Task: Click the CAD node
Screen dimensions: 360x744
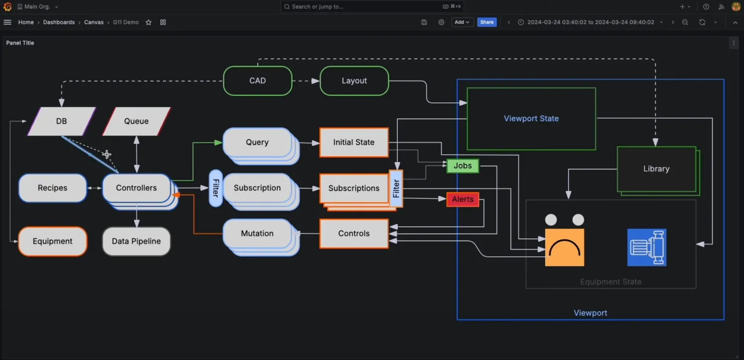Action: [x=257, y=81]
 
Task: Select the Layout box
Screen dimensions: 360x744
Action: [x=354, y=81]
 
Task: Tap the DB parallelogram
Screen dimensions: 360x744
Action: [x=62, y=121]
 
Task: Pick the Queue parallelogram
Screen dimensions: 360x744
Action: [x=136, y=121]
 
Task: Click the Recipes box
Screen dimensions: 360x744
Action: [x=53, y=188]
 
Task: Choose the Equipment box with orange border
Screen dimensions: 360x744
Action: [x=53, y=241]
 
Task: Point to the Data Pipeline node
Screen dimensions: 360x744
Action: [x=136, y=241]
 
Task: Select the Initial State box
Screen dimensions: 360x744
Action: [x=354, y=142]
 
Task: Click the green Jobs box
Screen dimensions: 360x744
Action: [x=463, y=166]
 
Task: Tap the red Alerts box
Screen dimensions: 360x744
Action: [x=463, y=199]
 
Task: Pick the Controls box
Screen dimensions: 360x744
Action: [x=354, y=234]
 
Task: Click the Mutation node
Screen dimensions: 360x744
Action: [x=257, y=234]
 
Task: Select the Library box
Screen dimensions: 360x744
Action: [x=656, y=169]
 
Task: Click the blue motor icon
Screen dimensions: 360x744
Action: [x=647, y=247]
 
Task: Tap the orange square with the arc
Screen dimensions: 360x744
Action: [x=564, y=247]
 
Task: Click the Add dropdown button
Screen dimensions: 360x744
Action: [x=462, y=22]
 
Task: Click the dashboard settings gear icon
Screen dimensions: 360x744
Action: [x=441, y=22]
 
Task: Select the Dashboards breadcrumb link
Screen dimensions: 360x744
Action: [x=59, y=22]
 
